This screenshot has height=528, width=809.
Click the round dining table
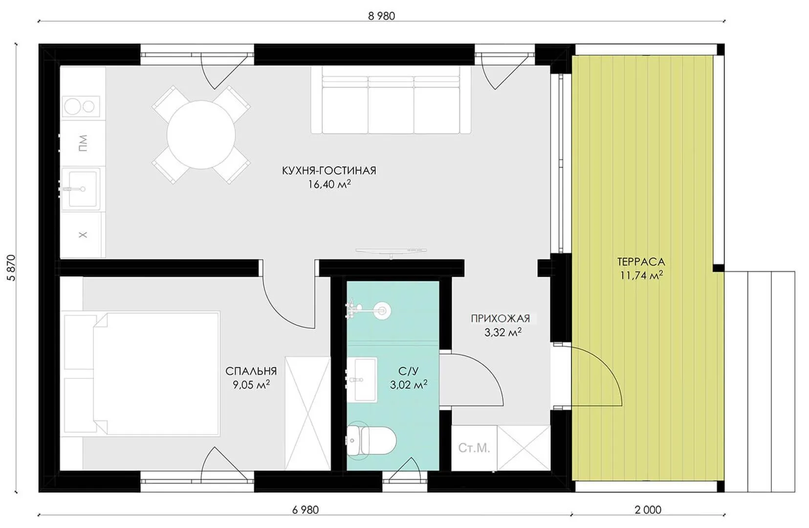201,135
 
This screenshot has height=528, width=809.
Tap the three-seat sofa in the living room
391,100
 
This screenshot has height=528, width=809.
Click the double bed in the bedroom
156,374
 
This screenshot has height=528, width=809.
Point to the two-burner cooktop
81,107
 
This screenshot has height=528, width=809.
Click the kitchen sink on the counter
81,188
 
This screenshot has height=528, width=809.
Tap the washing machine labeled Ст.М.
474,448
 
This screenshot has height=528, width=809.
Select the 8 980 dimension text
381,16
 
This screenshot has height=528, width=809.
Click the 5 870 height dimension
12,267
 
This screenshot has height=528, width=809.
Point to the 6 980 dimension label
305,510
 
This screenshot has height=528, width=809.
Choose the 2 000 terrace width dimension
648,510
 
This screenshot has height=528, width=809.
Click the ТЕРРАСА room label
641,262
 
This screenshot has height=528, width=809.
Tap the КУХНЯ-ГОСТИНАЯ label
329,171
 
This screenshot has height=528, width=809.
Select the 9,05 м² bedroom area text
251,385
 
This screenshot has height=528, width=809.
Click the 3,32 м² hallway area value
503,332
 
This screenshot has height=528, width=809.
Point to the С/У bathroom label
409,371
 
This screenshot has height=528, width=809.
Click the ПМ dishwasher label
83,143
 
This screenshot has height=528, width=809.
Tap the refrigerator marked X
83,235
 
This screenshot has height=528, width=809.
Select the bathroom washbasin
362,380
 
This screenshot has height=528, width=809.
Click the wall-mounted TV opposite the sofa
391,251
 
